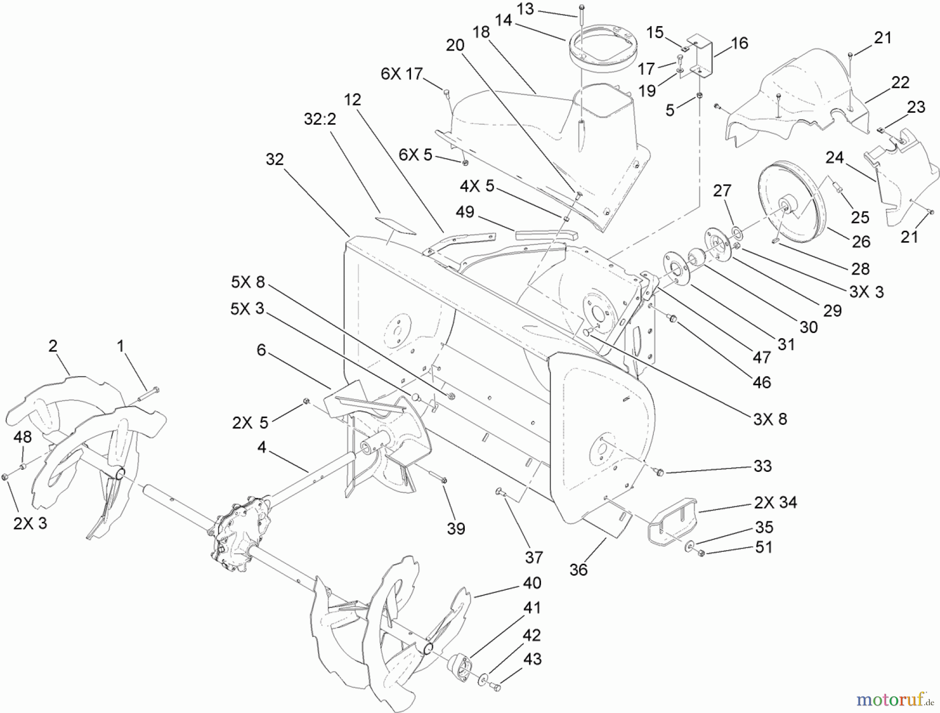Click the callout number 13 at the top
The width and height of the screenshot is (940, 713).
tap(526, 9)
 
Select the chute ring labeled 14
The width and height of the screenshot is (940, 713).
tap(600, 47)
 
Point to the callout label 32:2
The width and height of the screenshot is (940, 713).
tap(320, 119)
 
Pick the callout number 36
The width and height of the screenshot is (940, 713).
tap(578, 569)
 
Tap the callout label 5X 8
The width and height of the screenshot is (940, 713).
tap(248, 282)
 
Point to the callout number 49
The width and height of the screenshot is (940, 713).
tap(465, 211)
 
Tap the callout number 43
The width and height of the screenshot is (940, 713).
tap(532, 659)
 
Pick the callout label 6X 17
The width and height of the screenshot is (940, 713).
tap(402, 74)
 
